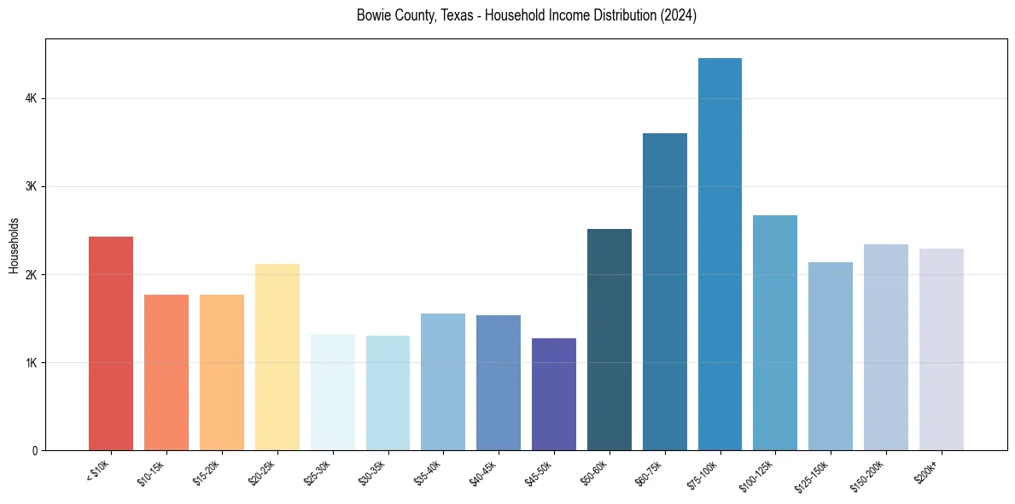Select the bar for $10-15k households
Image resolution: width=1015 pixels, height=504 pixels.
(x=166, y=372)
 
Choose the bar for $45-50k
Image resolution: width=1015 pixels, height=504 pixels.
(x=554, y=394)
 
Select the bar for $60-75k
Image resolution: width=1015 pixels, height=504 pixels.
(x=665, y=291)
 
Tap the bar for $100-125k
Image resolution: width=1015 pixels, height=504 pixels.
(x=775, y=332)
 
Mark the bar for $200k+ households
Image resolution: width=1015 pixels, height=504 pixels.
(x=942, y=349)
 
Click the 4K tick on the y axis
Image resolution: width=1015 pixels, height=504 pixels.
(x=32, y=99)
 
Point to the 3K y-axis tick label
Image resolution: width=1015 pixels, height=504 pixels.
(x=32, y=187)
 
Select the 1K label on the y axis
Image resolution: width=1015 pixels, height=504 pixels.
(x=32, y=363)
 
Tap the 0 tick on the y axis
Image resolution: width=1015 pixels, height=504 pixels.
(x=35, y=451)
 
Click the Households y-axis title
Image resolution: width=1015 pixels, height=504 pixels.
(x=15, y=245)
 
